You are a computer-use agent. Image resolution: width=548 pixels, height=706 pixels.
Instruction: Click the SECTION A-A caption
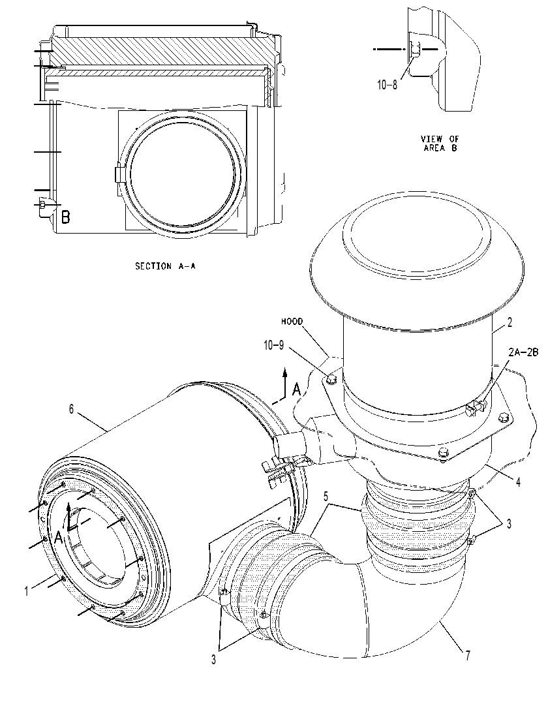click(x=165, y=266)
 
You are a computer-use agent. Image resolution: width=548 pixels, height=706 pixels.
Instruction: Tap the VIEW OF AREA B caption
click(x=440, y=143)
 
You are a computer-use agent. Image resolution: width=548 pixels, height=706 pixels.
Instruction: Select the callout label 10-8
click(x=388, y=85)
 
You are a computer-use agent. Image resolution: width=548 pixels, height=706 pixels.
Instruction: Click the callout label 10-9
click(x=274, y=345)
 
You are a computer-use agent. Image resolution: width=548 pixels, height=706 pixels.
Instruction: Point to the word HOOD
click(x=292, y=322)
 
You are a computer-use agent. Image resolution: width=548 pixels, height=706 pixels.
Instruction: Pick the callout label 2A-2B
click(x=523, y=352)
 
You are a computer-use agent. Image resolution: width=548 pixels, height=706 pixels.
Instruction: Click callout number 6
click(x=71, y=409)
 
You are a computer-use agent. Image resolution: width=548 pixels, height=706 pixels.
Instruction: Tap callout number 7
click(x=468, y=656)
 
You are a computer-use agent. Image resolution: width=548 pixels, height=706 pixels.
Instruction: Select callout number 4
click(x=518, y=482)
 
